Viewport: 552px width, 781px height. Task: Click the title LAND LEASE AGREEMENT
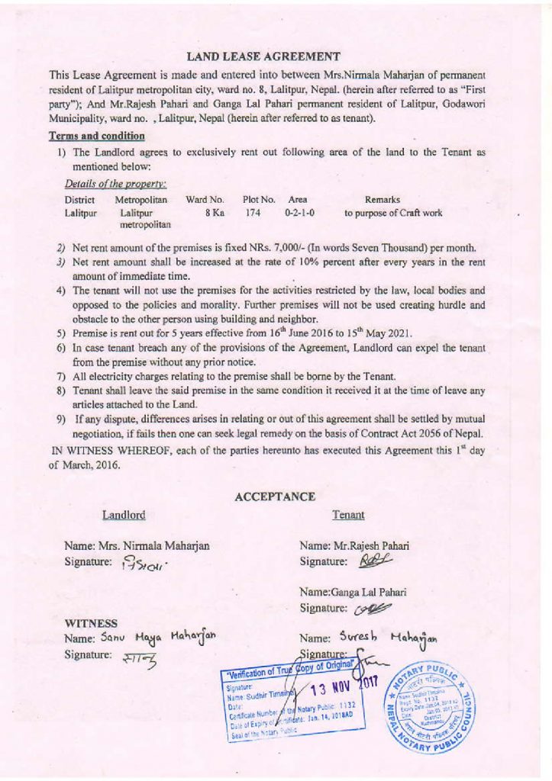(x=263, y=56)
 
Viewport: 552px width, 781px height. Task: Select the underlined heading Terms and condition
(x=96, y=136)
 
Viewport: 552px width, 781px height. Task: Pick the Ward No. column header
(x=205, y=199)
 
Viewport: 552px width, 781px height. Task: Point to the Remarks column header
(x=393, y=199)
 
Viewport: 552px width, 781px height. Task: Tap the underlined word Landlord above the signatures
(x=124, y=516)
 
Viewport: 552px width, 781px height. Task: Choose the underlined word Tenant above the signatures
(x=348, y=516)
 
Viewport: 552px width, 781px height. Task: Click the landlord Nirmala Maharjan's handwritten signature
(x=143, y=565)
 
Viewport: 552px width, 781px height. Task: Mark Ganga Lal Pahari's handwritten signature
(x=375, y=609)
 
